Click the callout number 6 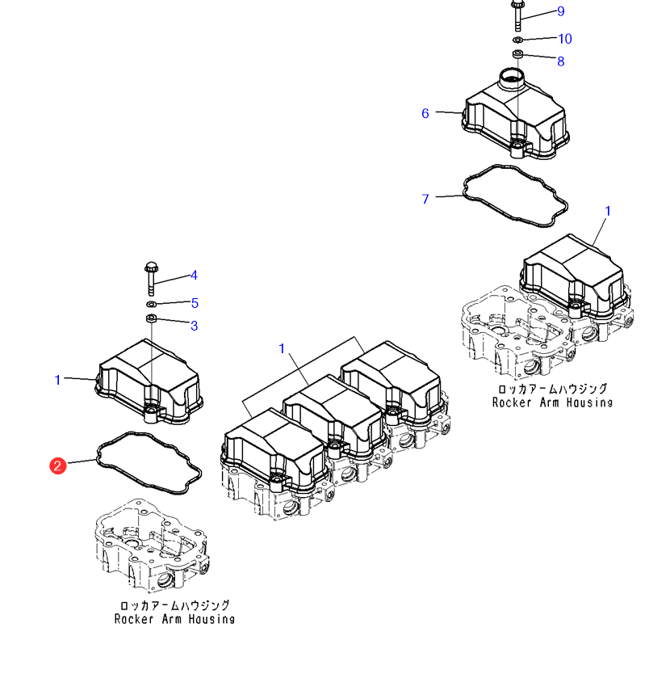pos(425,113)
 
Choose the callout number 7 pos(425,199)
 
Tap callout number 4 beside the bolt pos(194,276)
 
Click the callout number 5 pos(195,303)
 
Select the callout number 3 pos(194,326)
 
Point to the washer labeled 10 pos(517,39)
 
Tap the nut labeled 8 pos(517,55)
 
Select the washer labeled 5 pos(151,305)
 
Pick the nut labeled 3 pos(151,320)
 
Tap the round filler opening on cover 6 pos(512,78)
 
